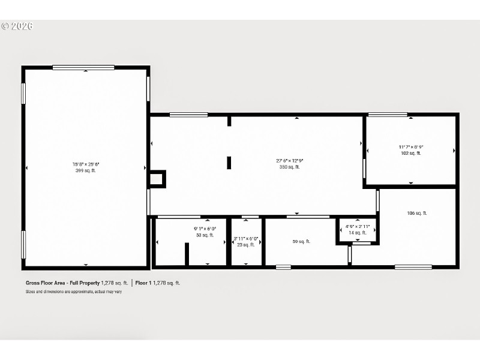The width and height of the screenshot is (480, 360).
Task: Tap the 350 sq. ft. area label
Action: pyautogui.click(x=289, y=167)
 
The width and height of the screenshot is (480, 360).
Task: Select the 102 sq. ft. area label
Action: pyautogui.click(x=411, y=153)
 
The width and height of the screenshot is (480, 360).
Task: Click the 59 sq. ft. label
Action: pyautogui.click(x=301, y=242)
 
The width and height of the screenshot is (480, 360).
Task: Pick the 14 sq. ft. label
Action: pyautogui.click(x=357, y=232)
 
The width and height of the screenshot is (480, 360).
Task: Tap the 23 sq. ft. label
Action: pyautogui.click(x=246, y=244)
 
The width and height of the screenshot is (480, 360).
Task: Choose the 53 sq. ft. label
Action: pyautogui.click(x=205, y=235)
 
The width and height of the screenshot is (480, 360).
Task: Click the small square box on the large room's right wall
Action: pyautogui.click(x=157, y=179)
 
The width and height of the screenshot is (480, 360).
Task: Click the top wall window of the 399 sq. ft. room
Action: pyautogui.click(x=83, y=67)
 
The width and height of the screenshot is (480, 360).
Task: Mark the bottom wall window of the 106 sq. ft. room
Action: pyautogui.click(x=413, y=266)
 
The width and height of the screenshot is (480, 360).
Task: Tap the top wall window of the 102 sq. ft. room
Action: pyautogui.click(x=388, y=114)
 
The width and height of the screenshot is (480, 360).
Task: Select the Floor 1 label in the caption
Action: pyautogui.click(x=143, y=282)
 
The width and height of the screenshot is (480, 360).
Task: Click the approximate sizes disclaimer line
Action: pyautogui.click(x=73, y=292)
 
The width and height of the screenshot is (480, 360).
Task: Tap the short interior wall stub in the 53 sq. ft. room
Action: pyautogui.click(x=187, y=253)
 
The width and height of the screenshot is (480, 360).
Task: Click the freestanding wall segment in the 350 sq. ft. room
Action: pyautogui.click(x=229, y=163)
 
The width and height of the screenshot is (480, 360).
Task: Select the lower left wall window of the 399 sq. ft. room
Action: pyautogui.click(x=23, y=244)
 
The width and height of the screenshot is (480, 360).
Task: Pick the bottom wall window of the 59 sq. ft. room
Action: pyautogui.click(x=283, y=266)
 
